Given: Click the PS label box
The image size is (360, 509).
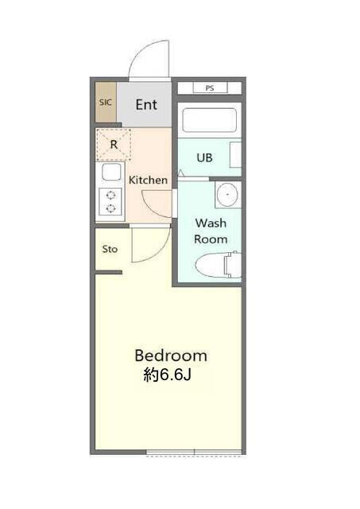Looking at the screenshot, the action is pyautogui.click(x=210, y=87).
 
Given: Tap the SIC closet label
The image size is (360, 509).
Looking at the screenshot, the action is pyautogui.click(x=106, y=103).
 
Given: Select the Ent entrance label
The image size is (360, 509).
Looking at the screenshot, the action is pyautogui.click(x=146, y=104).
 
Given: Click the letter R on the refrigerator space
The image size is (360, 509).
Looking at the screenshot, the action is pyautogui.click(x=114, y=145).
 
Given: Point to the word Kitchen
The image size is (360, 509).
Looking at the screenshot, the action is pyautogui.click(x=149, y=180).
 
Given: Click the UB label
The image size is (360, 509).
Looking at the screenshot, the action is pyautogui.click(x=204, y=157).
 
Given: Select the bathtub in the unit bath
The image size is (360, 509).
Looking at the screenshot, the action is pyautogui.click(x=209, y=120).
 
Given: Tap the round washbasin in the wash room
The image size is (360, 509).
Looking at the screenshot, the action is pyautogui.click(x=227, y=194).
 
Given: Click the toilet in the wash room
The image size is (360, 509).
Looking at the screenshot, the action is pyautogui.click(x=218, y=265).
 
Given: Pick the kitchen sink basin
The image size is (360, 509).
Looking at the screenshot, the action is pyautogui.click(x=111, y=172).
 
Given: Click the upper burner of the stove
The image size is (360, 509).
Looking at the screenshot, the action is pyautogui.click(x=111, y=195).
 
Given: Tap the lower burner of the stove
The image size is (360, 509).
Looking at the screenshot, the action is pyautogui.click(x=111, y=208).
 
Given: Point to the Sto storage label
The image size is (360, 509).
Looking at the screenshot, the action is pyautogui.click(x=110, y=249).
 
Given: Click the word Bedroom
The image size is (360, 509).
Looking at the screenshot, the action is pyautogui.click(x=171, y=356).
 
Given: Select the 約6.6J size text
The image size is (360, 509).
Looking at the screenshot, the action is pyautogui.click(x=168, y=375).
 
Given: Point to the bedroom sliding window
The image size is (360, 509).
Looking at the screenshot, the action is pyautogui.click(x=194, y=452).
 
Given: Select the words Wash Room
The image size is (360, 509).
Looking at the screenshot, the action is pyautogui.click(x=211, y=231).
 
